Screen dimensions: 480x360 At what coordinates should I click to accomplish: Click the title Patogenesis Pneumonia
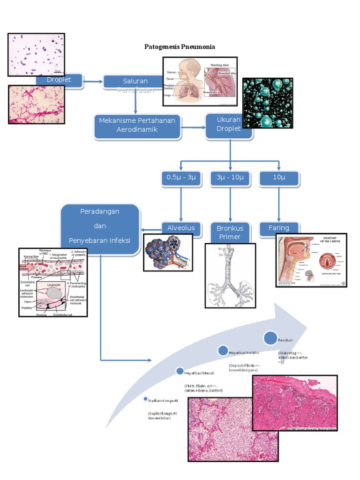tap(179, 47)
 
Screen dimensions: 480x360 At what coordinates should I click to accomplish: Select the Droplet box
tap(60, 81)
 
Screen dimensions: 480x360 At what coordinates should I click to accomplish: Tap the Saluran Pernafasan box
tap(135, 82)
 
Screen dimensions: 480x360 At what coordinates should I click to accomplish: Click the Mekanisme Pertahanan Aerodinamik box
tap(137, 126)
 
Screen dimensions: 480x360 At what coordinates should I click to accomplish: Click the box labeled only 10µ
tap(278, 178)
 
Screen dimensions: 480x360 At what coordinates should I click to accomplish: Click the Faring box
tap(278, 228)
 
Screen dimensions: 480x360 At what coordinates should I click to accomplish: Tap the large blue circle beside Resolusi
tap(270, 338)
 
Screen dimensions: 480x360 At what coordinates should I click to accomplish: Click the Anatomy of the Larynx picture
tap(311, 260)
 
